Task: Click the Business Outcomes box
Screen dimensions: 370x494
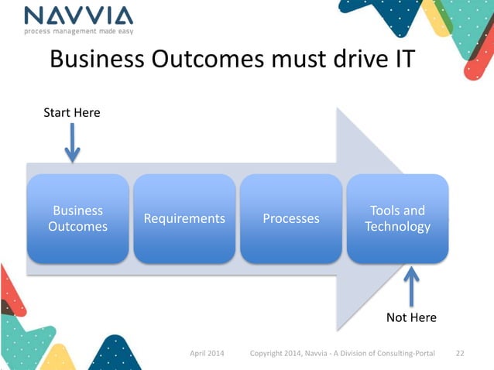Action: click(x=77, y=218)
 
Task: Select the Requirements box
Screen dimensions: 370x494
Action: click(x=184, y=218)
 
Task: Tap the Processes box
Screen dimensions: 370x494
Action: click(x=290, y=218)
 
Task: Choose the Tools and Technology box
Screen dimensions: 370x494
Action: click(x=397, y=218)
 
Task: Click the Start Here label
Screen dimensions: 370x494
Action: click(x=71, y=113)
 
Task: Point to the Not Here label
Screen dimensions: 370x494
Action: click(x=410, y=317)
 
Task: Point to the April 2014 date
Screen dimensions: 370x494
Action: click(x=208, y=354)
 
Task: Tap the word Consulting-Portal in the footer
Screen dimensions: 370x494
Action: click(x=411, y=354)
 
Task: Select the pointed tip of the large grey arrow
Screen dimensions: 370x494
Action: click(x=409, y=219)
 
